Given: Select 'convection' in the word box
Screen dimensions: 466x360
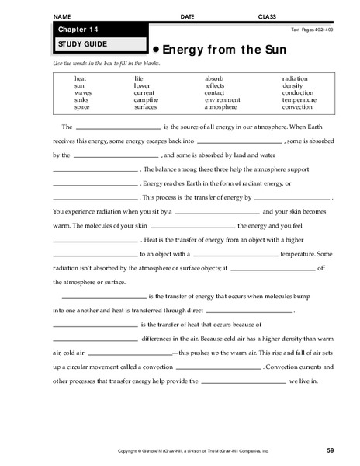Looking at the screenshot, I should [x=298, y=106].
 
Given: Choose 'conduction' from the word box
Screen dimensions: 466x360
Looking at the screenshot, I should [x=298, y=92].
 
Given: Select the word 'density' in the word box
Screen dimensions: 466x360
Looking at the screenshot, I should [x=292, y=85].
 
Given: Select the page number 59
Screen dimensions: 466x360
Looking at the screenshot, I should [x=330, y=450].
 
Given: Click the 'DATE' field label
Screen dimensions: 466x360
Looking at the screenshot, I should [x=187, y=16].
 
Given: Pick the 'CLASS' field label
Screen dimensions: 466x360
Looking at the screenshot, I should [x=267, y=16].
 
